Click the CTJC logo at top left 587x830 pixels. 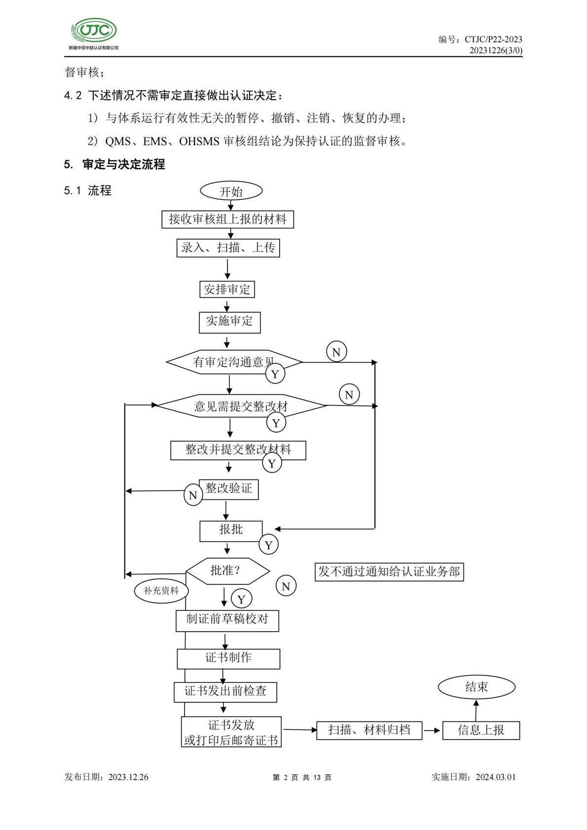(94, 33)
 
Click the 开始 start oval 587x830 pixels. (231, 191)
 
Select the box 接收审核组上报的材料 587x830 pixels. (227, 219)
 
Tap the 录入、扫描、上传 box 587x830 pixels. (228, 247)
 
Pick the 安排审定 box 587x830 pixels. (227, 289)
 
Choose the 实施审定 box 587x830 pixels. (229, 322)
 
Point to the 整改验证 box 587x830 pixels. (229, 489)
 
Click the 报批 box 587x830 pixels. (230, 530)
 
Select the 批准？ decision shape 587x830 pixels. (227, 571)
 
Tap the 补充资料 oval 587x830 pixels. (161, 591)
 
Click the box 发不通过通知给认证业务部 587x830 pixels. (389, 572)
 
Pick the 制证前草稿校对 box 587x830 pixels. (227, 620)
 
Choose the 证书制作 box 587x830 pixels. (228, 658)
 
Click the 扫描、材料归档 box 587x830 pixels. (369, 730)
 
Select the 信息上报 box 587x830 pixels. (481, 730)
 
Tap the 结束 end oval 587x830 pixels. (477, 687)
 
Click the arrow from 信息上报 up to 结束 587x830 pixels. (476, 710)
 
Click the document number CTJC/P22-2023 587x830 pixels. (493, 39)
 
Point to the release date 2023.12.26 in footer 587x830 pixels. (128, 777)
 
